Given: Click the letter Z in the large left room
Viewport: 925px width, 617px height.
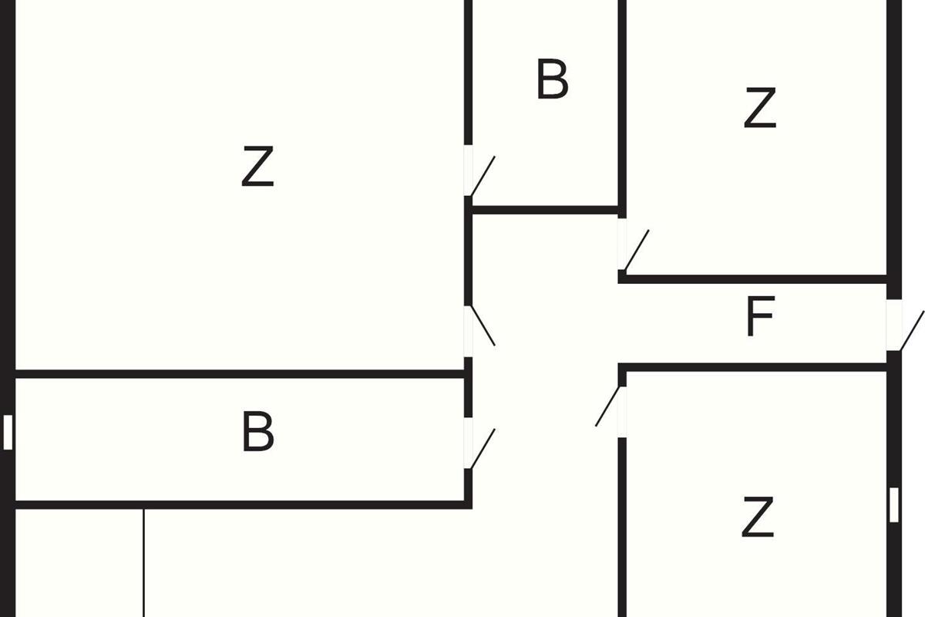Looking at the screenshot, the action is pyautogui.click(x=257, y=166).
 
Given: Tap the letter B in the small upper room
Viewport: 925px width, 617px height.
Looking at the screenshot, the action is pyautogui.click(x=553, y=79).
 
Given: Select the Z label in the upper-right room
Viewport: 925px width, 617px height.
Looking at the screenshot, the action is pyautogui.click(x=760, y=107).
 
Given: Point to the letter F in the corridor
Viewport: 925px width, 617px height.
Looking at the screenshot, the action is pyautogui.click(x=761, y=316).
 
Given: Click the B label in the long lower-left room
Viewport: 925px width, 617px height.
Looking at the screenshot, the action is pyautogui.click(x=258, y=431).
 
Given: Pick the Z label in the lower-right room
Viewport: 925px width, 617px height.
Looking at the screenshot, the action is pyautogui.click(x=758, y=517).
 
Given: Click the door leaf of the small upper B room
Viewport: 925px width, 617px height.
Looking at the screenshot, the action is pyautogui.click(x=483, y=176).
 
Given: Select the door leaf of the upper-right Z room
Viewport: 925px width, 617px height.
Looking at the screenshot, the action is pyautogui.click(x=637, y=250).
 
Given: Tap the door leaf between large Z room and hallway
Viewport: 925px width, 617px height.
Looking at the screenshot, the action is pyautogui.click(x=483, y=325).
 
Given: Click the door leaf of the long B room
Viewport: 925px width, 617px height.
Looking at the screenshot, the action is pyautogui.click(x=483, y=448).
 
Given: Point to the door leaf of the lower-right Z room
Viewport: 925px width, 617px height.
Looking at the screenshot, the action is pyautogui.click(x=607, y=406).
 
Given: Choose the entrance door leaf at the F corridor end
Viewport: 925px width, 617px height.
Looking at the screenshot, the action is pyautogui.click(x=912, y=331).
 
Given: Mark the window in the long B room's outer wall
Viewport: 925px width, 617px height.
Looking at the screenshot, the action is pyautogui.click(x=8, y=432).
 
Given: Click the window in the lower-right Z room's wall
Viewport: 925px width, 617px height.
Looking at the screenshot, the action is pyautogui.click(x=894, y=504).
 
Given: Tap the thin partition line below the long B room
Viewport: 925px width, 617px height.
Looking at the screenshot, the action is pyautogui.click(x=143, y=563).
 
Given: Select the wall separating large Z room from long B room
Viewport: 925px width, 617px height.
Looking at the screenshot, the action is pyautogui.click(x=240, y=374).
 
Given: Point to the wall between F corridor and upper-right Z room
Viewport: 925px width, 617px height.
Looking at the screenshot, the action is pyautogui.click(x=752, y=279).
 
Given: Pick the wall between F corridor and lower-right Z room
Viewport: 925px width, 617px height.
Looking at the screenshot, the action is pyautogui.click(x=752, y=367).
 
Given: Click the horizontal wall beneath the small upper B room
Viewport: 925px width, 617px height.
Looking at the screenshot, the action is pyautogui.click(x=545, y=210).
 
